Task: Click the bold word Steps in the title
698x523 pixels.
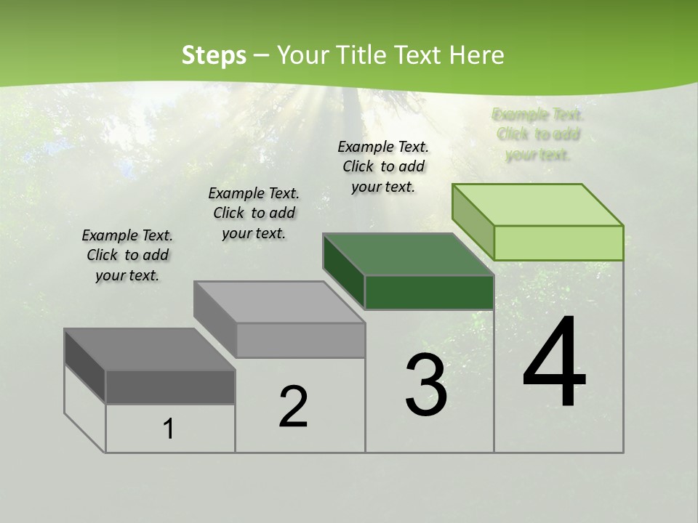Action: [x=214, y=55]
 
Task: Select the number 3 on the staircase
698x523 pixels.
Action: [x=426, y=385]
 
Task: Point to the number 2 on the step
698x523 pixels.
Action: [x=293, y=406]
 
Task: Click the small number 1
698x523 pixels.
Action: [x=169, y=429]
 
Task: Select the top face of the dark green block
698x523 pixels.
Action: [x=408, y=254]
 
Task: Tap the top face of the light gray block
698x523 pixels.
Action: [x=278, y=302]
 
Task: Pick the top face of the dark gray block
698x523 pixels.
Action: [x=149, y=349]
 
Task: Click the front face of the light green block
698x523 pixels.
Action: [x=558, y=243]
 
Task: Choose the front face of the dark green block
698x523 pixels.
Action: [x=429, y=292]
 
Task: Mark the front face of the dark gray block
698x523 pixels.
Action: [x=170, y=386]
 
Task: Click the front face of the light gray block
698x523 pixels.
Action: [x=300, y=340]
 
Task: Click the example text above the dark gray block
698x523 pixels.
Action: [x=127, y=255]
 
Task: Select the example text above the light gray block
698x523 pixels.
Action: [x=254, y=213]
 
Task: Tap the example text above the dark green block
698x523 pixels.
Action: [x=383, y=166]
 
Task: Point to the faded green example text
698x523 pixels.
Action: [x=538, y=134]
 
